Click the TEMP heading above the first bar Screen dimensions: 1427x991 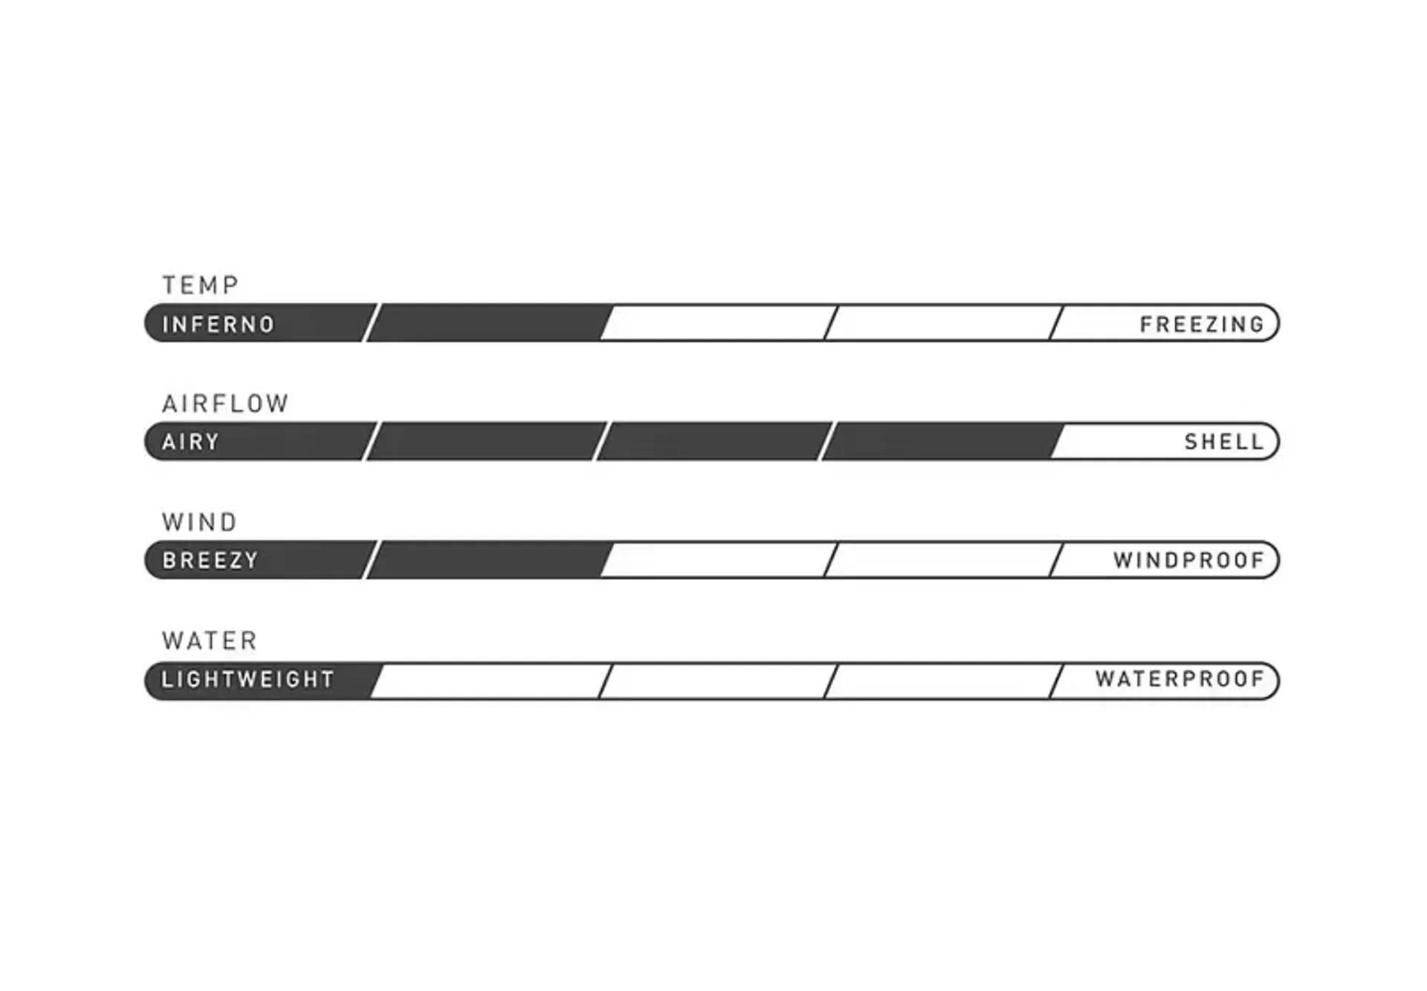(x=201, y=285)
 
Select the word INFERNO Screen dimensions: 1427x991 (x=219, y=325)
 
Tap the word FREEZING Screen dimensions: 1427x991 (x=1202, y=325)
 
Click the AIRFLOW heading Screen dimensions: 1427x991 (x=225, y=403)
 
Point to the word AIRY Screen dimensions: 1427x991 (x=191, y=442)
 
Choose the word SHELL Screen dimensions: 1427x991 (x=1224, y=442)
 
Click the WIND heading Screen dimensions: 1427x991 (x=200, y=522)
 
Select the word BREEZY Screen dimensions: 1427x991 (x=210, y=560)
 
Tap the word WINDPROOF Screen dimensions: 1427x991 (x=1188, y=560)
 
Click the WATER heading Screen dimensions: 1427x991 (x=210, y=640)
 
